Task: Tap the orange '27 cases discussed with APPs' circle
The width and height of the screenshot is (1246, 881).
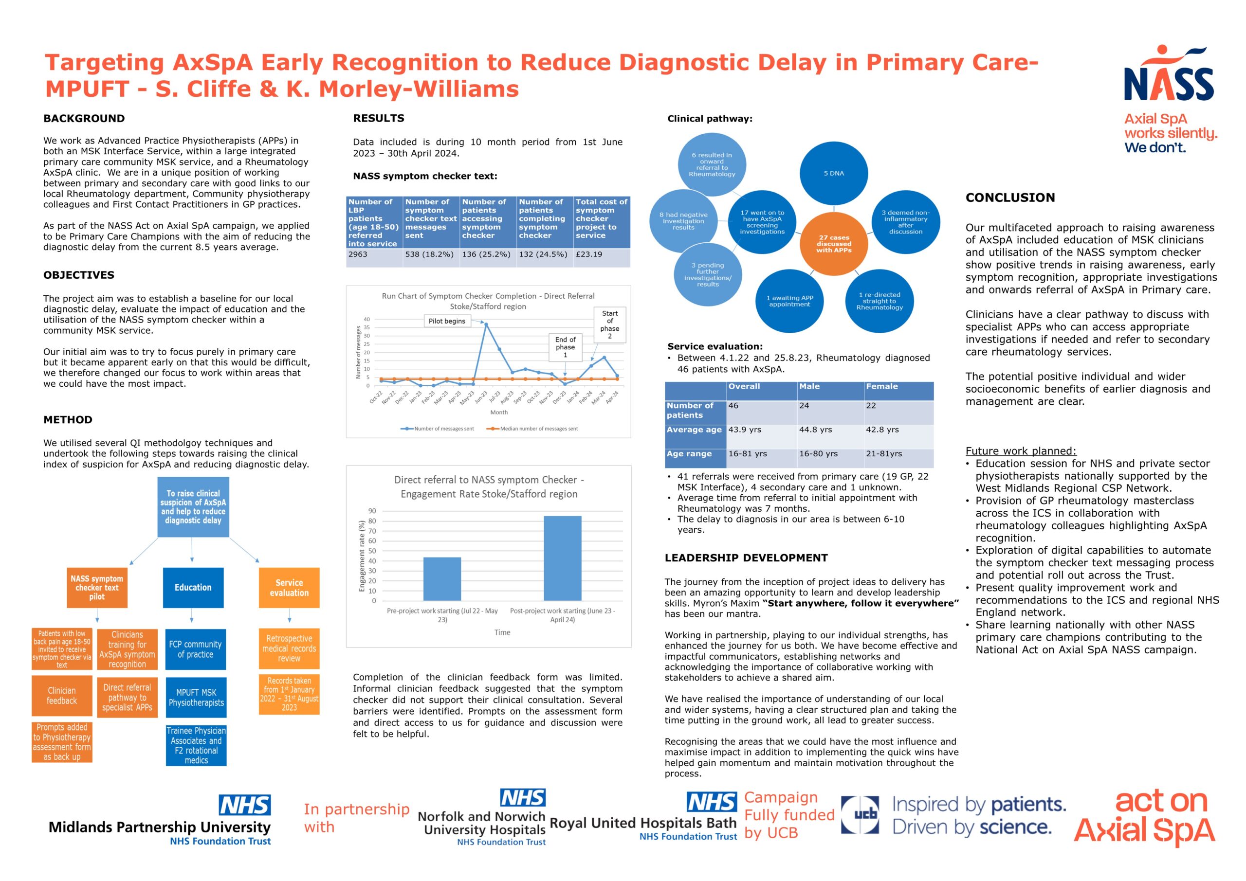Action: (834, 244)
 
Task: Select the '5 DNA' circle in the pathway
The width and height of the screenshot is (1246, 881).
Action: (834, 174)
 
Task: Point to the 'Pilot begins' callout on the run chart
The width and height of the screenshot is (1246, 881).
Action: (447, 321)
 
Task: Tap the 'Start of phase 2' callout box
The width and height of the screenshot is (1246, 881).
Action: (609, 325)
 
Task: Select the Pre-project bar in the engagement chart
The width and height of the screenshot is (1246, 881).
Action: (442, 579)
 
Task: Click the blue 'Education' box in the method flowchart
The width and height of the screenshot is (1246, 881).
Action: (193, 588)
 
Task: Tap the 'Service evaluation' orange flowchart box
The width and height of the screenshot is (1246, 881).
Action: (289, 588)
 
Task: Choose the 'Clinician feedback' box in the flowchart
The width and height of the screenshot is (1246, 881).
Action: (62, 696)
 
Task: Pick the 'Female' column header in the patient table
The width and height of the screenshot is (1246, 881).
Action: (882, 387)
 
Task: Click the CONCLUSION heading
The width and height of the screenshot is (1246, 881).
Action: (1010, 198)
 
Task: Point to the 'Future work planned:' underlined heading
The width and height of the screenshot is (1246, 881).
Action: (1020, 451)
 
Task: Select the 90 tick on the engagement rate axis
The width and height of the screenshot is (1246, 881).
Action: (372, 511)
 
